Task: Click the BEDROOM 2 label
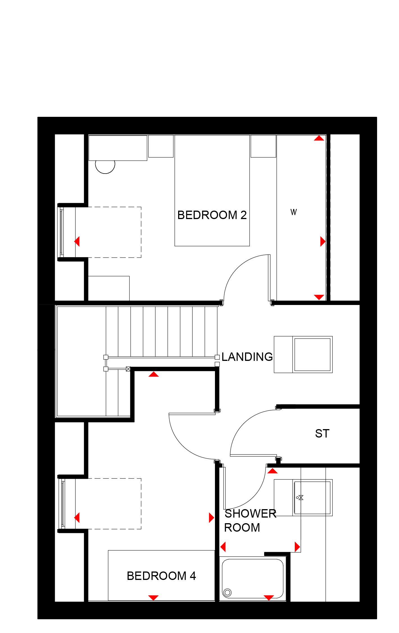[212, 215]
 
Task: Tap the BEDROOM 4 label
[161, 576]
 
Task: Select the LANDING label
[247, 357]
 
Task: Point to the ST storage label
[322, 433]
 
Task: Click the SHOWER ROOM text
[250, 520]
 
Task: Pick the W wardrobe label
[294, 212]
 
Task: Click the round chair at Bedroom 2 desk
[105, 167]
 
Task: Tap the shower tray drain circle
[227, 593]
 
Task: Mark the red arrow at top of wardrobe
[319, 138]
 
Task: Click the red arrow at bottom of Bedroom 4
[153, 598]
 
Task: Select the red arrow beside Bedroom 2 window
[77, 241]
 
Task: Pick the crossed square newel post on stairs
[128, 369]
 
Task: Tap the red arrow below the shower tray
[269, 598]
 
